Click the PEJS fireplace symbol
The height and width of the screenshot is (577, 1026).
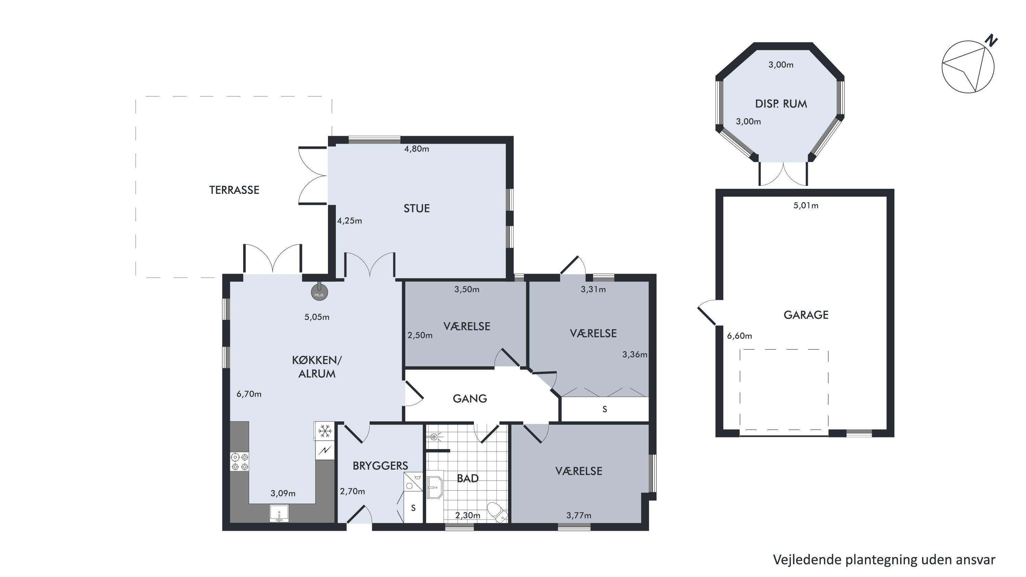[x=319, y=293]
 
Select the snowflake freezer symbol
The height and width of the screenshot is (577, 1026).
[x=325, y=431]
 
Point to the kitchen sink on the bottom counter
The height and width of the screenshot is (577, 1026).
[x=279, y=513]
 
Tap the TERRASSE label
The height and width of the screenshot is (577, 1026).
[x=234, y=190]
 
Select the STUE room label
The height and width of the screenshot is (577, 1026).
[x=417, y=208]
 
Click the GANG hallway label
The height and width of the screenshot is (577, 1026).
[x=470, y=398]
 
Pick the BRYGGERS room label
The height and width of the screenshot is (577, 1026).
[x=380, y=465]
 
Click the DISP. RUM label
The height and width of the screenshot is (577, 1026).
[x=781, y=104]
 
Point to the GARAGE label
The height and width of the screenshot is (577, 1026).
[x=806, y=315]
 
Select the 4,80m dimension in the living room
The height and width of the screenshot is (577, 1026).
[x=417, y=149]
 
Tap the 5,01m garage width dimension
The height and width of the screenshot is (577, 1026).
[x=806, y=206]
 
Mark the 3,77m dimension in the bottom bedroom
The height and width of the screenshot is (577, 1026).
[x=579, y=515]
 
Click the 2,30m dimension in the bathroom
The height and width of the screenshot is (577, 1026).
[x=468, y=515]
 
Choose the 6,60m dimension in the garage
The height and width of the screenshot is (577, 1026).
[x=740, y=336]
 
